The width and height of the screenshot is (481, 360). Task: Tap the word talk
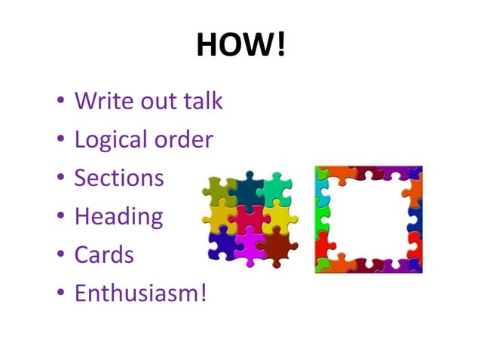click(x=203, y=101)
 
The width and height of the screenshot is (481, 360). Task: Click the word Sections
click(x=118, y=178)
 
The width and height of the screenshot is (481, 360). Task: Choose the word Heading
click(x=118, y=217)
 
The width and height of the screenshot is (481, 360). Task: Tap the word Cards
click(x=104, y=255)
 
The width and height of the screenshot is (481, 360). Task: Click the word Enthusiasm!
click(x=139, y=292)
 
